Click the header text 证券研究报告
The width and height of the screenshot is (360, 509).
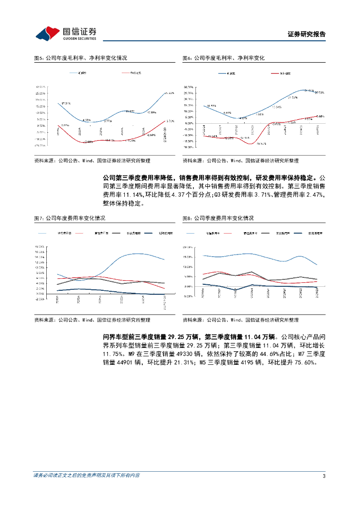[307, 34]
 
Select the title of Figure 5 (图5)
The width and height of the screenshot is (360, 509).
[80, 58]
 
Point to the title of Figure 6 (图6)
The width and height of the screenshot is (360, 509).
[223, 58]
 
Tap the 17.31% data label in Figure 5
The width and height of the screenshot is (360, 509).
[65, 103]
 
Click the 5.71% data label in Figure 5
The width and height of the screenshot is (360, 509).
[170, 121]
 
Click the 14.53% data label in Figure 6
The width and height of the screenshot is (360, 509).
[211, 106]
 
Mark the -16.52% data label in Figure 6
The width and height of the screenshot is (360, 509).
[262, 144]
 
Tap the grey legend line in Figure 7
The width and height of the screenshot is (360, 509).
[116, 233]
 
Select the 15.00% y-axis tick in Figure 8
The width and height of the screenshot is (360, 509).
[188, 256]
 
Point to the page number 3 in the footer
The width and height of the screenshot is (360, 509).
[324, 476]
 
